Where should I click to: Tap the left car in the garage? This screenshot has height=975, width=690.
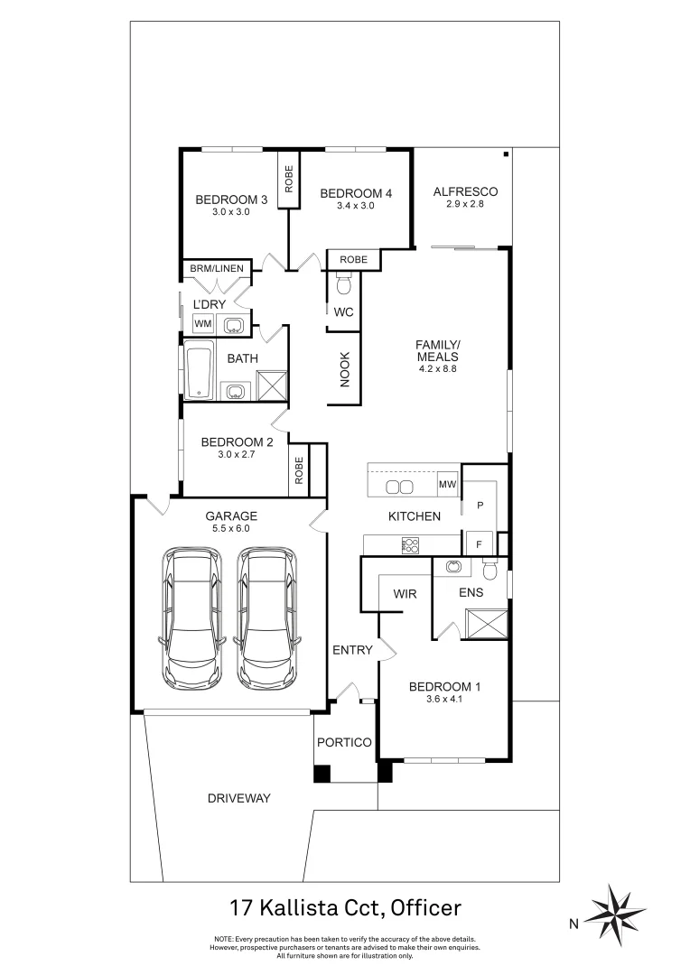[192, 617]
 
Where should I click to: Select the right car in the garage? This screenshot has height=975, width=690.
[266, 617]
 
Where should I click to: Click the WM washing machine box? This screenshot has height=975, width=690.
[203, 323]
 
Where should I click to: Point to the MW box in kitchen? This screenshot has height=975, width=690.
[447, 486]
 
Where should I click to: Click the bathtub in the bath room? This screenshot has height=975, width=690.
[199, 370]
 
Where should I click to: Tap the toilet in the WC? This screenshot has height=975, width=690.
[342, 286]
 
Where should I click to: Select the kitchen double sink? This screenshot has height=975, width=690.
[399, 487]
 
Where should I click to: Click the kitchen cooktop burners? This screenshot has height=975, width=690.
[410, 544]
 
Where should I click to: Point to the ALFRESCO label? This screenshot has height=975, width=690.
[465, 191]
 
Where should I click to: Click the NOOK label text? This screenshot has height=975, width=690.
[344, 369]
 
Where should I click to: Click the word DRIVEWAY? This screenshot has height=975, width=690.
[238, 798]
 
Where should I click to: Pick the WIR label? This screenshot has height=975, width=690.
[403, 593]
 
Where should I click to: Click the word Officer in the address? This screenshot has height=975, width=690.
[427, 905]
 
